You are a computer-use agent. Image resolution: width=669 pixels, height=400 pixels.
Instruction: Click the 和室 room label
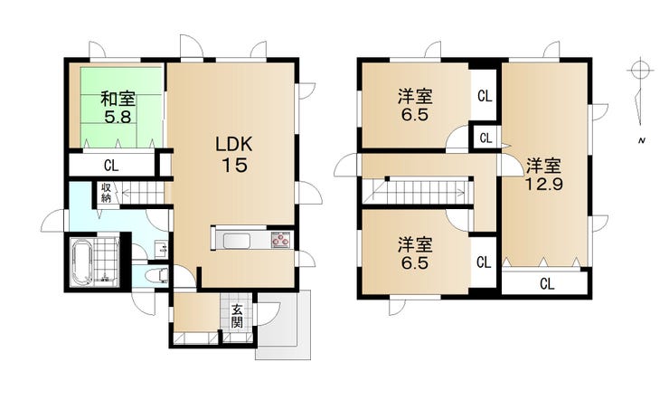coord(118,99)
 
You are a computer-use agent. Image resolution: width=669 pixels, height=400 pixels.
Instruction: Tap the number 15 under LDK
coord(234,165)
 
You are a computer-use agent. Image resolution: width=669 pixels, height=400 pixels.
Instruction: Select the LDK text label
coord(234,145)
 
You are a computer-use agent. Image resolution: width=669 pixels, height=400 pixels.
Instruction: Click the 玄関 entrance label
coord(237,316)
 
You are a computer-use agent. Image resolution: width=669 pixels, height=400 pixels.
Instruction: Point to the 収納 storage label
coord(107,193)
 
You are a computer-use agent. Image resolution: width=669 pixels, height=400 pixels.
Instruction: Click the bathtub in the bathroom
coord(81,262)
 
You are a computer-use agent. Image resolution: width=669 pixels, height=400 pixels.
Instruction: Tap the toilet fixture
coord(155,276)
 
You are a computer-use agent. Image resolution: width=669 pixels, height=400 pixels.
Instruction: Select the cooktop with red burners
coord(281,241)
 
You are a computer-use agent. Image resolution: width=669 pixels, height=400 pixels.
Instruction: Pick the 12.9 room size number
coord(544,184)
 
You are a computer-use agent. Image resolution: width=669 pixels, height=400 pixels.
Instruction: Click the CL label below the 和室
coord(111,166)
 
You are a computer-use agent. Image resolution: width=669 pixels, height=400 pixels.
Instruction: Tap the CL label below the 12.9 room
coord(547,284)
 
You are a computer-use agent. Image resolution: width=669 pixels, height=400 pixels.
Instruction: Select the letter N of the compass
coord(641,140)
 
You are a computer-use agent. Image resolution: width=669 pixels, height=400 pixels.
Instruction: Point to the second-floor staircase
coord(418,191)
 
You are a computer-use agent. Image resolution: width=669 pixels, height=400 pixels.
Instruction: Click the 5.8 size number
coord(118,117)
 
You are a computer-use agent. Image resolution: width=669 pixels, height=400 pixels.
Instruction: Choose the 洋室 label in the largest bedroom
coord(543,166)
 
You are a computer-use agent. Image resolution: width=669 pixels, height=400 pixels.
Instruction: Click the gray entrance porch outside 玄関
coord(284,325)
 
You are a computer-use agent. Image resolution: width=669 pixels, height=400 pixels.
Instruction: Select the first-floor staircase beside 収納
coord(144,194)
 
